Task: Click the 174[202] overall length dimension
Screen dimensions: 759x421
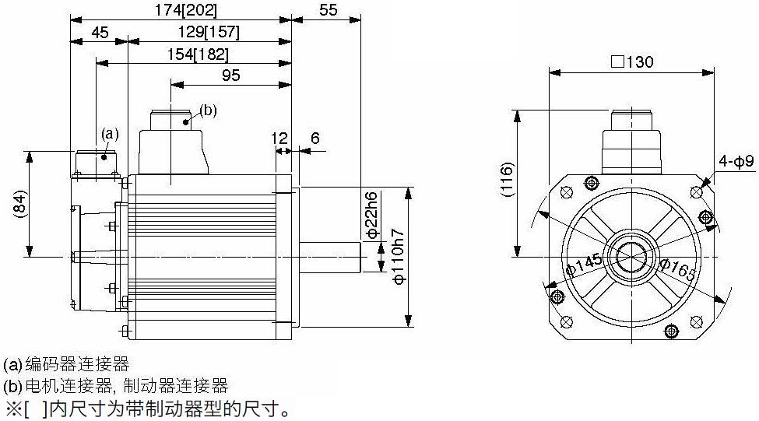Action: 186,10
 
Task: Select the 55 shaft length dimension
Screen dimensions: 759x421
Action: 328,10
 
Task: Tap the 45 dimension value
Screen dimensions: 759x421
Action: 100,33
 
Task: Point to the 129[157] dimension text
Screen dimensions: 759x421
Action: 209,33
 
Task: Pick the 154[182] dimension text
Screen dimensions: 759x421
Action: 198,54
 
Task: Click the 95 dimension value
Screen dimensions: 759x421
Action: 231,75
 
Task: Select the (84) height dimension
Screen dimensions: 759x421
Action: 19,204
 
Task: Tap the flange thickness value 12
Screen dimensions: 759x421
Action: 279,139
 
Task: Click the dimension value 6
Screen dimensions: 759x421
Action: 315,139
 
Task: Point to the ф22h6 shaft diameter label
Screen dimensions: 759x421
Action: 371,216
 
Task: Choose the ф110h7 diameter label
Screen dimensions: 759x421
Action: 399,256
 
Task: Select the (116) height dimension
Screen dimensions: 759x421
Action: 506,180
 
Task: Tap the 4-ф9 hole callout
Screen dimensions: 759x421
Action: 736,161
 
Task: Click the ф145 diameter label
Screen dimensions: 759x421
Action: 585,265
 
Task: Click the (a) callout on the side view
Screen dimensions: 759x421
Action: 110,133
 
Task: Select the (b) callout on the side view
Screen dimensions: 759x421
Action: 208,111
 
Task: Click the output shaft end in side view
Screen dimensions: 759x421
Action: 360,257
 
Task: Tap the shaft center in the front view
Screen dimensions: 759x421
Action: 632,257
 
